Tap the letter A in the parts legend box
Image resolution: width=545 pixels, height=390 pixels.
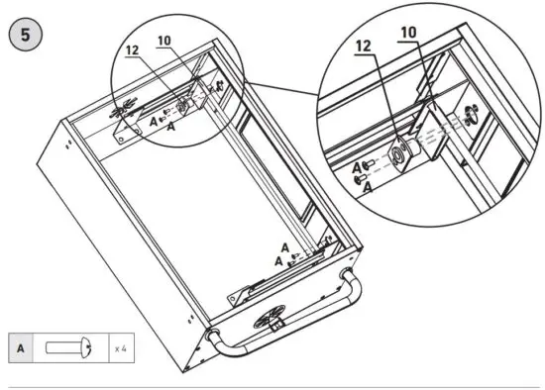(x=22, y=348)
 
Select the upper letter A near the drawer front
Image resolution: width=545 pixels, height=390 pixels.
(x=284, y=247)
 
